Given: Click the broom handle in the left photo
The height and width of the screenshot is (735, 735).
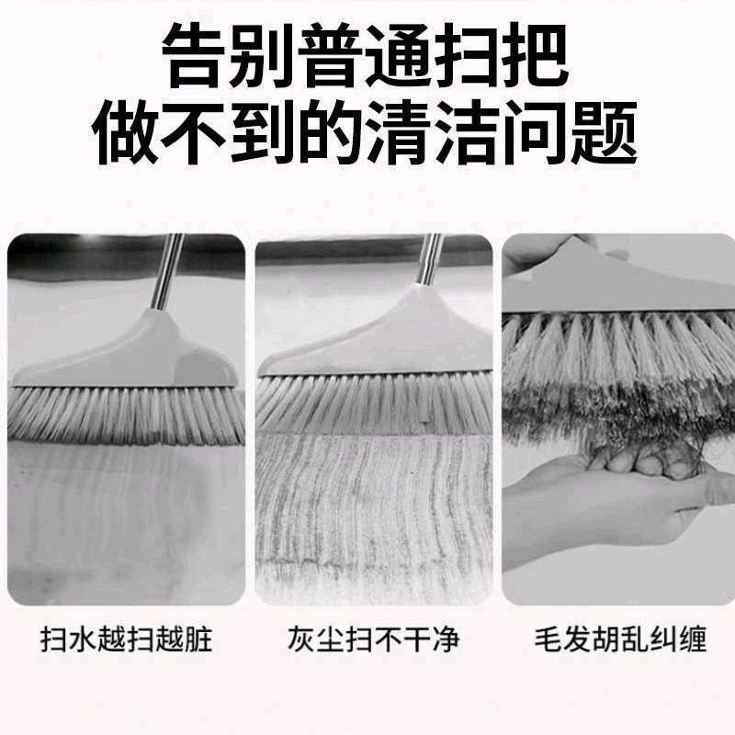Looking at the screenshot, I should click(166, 271).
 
